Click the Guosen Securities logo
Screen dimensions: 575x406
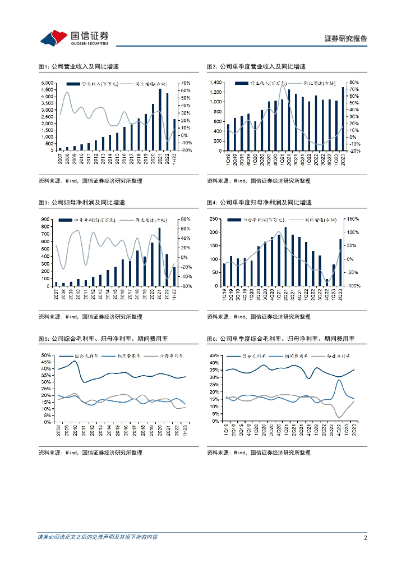tap(73, 38)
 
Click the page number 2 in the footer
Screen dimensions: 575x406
tap(365, 537)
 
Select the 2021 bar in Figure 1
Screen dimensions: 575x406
tap(160, 120)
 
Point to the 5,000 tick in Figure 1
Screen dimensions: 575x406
tap(47, 83)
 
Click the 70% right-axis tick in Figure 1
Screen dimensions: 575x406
tap(186, 83)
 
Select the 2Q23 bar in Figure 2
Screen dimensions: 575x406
tap(343, 118)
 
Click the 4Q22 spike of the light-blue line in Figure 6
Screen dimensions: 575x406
tap(340, 380)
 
